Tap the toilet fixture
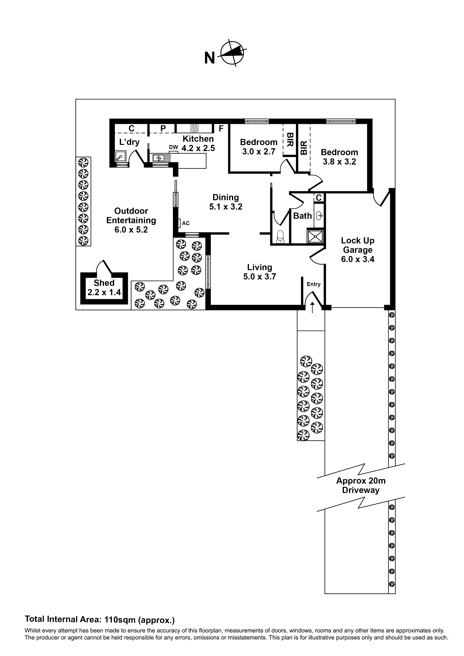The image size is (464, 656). point(281,236)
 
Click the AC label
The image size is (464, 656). point(186,223)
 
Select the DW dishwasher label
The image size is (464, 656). point(173,147)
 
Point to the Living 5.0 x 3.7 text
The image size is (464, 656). point(260,272)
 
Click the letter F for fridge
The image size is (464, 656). point(221,129)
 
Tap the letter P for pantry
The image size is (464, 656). point(163,129)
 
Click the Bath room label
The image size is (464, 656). point(302,216)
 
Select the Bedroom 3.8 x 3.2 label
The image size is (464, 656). point(339,157)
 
